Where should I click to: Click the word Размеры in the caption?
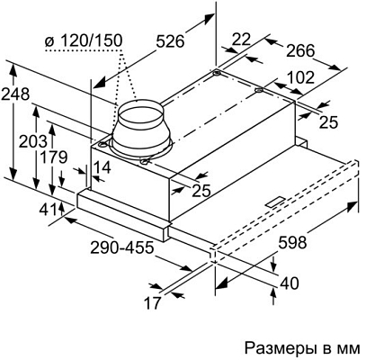pos(275,346)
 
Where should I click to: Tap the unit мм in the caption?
pos(346,346)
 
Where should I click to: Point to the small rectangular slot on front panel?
pos(273,196)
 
